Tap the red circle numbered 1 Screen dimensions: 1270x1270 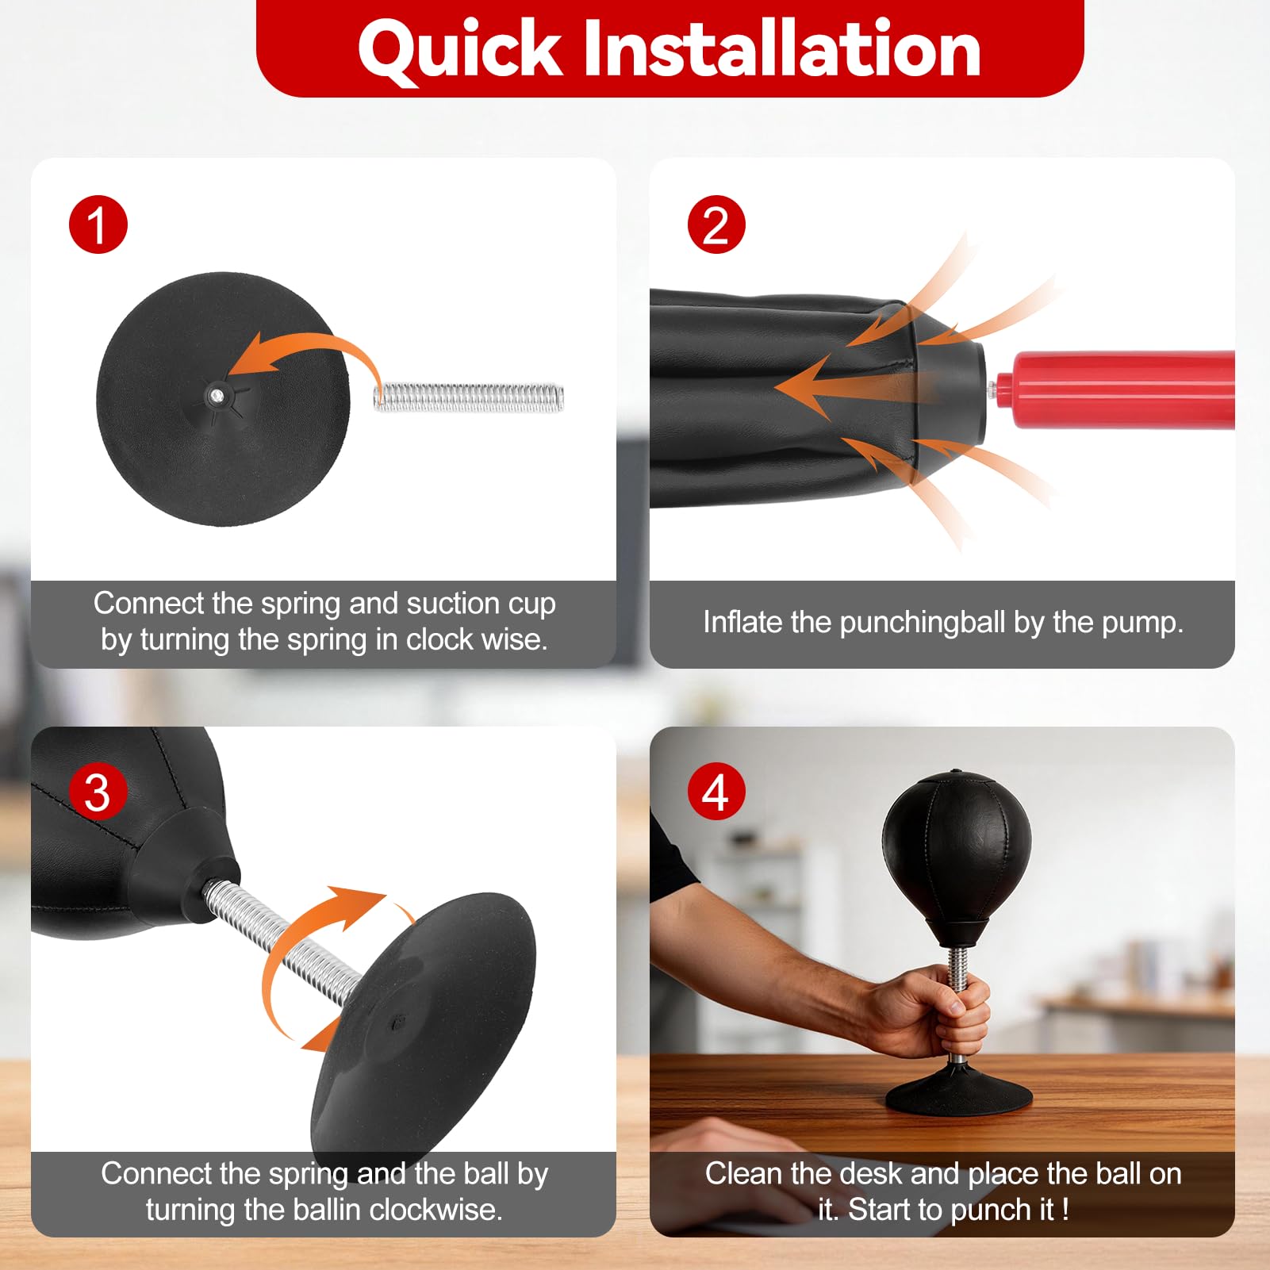tap(98, 224)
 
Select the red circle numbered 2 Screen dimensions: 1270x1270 tap(716, 224)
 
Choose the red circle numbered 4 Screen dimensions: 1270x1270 tap(716, 792)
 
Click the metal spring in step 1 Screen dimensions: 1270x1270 tap(469, 397)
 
